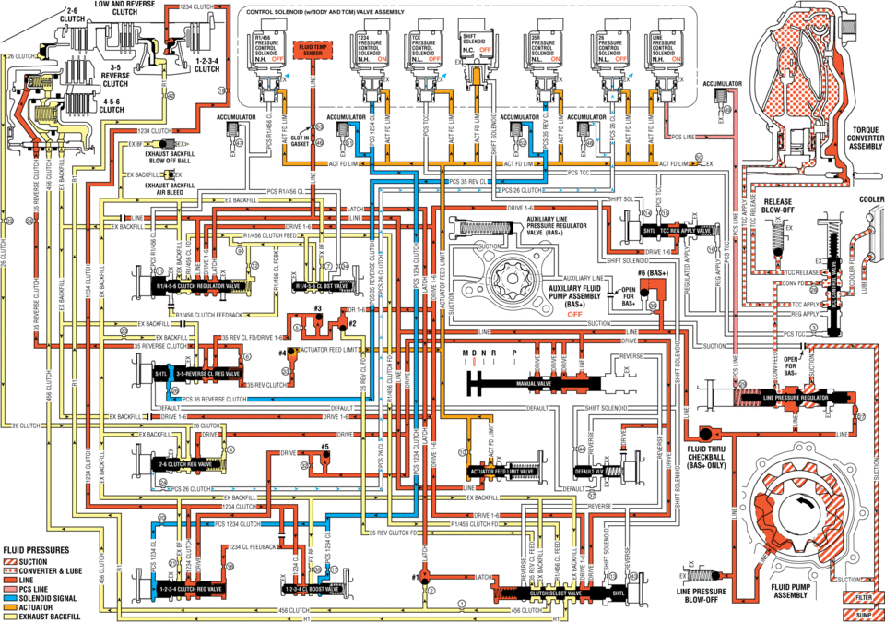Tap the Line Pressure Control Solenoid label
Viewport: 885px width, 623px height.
(x=660, y=46)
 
